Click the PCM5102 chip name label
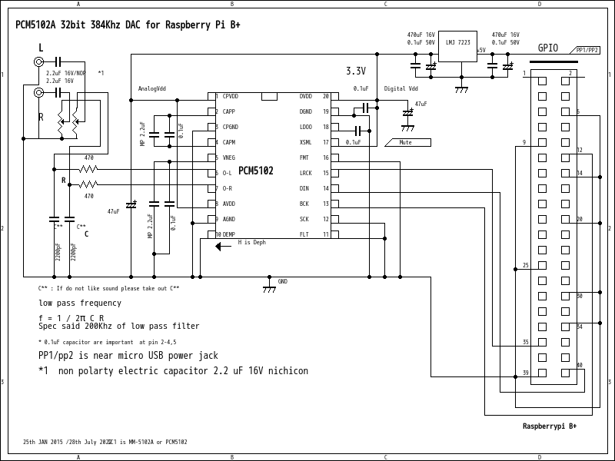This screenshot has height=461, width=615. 255,171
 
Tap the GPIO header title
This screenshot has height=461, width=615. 548,48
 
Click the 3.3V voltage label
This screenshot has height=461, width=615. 355,71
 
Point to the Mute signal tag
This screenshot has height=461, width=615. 405,142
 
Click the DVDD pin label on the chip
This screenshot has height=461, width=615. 305,96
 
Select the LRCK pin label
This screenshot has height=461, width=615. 305,173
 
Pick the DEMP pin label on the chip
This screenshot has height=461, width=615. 229,234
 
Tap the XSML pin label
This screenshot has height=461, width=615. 305,142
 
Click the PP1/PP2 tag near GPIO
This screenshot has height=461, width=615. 587,50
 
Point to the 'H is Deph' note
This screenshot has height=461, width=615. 251,242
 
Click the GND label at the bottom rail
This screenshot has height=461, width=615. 282,282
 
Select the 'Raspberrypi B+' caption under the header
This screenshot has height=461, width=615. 550,426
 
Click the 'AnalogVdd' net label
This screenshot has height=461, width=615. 151,88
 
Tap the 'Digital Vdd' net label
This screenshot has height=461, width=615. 401,88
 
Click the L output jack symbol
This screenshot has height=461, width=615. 38,61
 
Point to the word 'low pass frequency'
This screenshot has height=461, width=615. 80,303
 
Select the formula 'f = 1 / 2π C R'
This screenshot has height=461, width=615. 71,317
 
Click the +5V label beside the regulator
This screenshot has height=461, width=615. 480,51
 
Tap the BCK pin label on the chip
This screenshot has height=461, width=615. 304,204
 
